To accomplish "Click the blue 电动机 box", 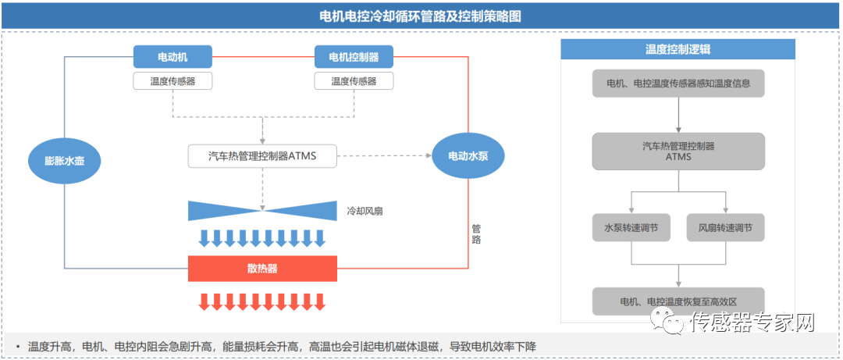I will tap(173, 57).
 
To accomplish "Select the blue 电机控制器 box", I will tap(354, 57).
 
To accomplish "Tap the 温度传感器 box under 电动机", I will tap(173, 81).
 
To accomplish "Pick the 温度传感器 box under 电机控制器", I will tap(354, 81).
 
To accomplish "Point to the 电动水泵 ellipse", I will tap(468, 156).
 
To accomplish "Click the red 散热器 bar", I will tap(262, 269).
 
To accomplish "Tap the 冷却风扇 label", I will tap(365, 211).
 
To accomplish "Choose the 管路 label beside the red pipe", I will tap(476, 234).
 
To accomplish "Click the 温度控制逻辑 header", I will tap(678, 49).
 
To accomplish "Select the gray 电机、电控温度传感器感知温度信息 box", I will tap(678, 83).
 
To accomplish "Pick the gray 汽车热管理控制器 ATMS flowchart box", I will tap(678, 151).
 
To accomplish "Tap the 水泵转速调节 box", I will tap(631, 228).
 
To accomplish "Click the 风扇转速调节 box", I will tap(725, 228).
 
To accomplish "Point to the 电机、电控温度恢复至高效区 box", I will tap(678, 301).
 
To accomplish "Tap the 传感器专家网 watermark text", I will tap(752, 322).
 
